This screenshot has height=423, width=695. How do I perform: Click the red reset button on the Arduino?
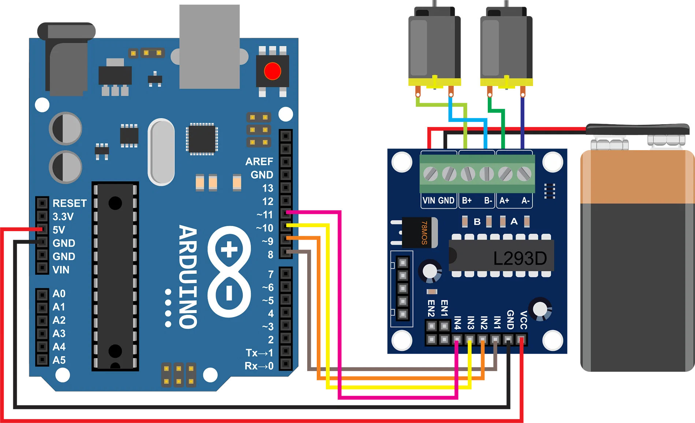click(x=272, y=71)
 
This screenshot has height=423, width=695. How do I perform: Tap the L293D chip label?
click(x=520, y=259)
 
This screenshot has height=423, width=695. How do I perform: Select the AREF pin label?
click(x=259, y=162)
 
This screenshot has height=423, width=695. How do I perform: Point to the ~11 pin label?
click(x=265, y=215)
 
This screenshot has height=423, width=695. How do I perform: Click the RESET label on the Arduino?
click(x=70, y=203)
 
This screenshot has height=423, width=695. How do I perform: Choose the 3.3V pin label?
click(x=63, y=217)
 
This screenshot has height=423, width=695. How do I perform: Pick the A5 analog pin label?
click(x=59, y=360)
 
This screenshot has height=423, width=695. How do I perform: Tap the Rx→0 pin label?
click(x=259, y=366)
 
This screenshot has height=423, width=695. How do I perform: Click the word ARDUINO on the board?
click(x=188, y=277)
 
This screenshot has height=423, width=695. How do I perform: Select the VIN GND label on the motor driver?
click(x=438, y=201)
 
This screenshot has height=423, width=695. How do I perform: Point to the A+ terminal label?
click(x=504, y=201)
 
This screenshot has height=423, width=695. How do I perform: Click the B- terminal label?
click(x=488, y=201)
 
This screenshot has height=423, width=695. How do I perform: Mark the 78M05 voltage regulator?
click(x=420, y=233)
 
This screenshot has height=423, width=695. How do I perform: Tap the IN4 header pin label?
click(x=457, y=323)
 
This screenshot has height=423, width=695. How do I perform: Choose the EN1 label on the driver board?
click(x=444, y=308)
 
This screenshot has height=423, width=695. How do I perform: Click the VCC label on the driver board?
click(x=523, y=320)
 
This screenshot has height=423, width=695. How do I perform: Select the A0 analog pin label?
click(x=59, y=294)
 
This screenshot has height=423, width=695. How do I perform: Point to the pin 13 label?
click(x=268, y=188)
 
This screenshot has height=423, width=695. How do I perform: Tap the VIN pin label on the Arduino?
click(x=61, y=270)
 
